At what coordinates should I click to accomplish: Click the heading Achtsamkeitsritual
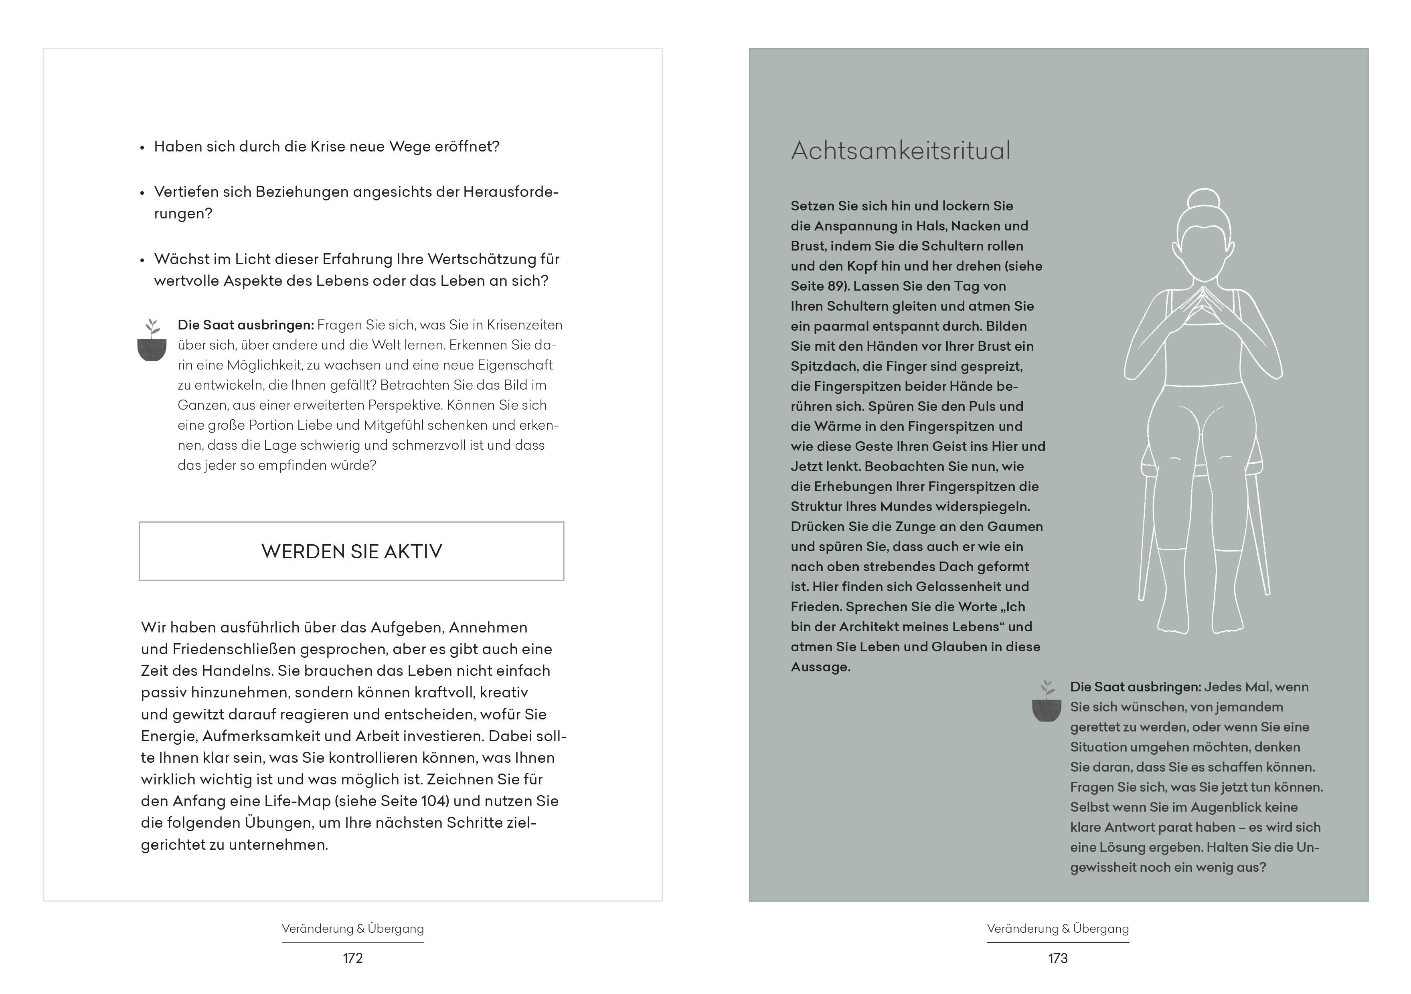click(900, 151)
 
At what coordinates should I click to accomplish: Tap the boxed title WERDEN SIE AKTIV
click(352, 551)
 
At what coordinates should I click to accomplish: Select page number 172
click(353, 958)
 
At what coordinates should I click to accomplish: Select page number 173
click(1058, 958)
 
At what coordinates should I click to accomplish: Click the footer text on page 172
click(353, 929)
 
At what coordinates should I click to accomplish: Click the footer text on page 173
click(1058, 929)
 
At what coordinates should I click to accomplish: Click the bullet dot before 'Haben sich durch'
click(142, 148)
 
